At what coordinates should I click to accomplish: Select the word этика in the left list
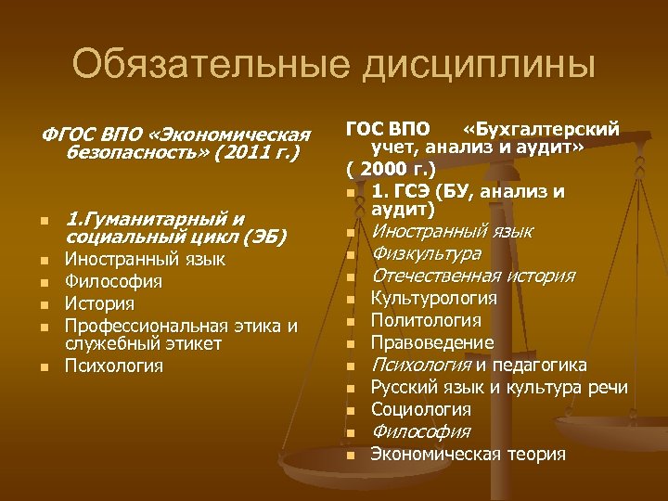257,325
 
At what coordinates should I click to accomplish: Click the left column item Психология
113,366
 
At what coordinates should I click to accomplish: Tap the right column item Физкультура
425,253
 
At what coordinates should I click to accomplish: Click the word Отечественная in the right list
435,276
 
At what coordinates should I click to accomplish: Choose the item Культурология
433,298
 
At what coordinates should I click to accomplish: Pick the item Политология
425,320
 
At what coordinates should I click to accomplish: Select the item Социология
420,409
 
